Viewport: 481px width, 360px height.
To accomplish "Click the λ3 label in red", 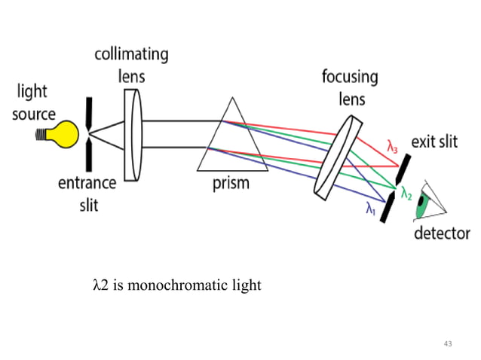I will [393, 146].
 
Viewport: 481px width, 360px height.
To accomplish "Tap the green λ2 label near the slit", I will [406, 195].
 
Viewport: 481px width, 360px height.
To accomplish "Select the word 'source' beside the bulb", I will [33, 114].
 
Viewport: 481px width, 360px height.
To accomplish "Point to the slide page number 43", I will [449, 343].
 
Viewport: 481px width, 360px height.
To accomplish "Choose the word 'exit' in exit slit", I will [424, 142].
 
